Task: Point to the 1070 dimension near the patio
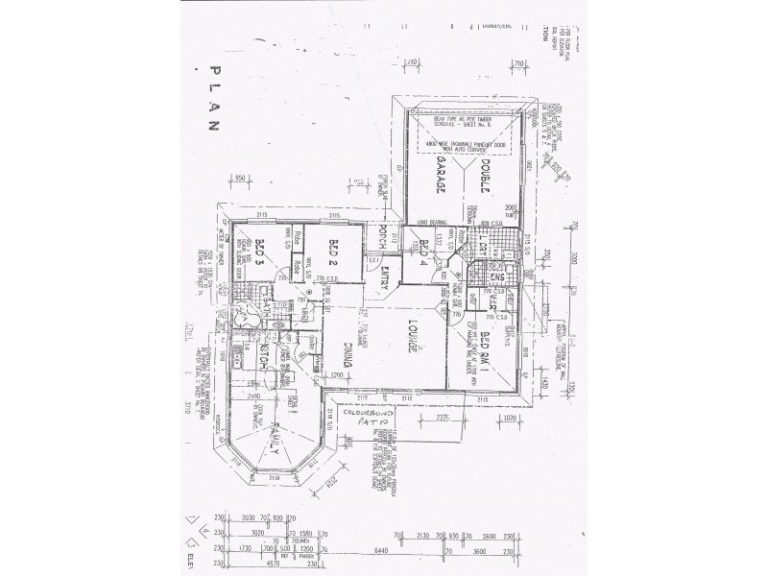[510, 419]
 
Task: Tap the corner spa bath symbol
[235, 317]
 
